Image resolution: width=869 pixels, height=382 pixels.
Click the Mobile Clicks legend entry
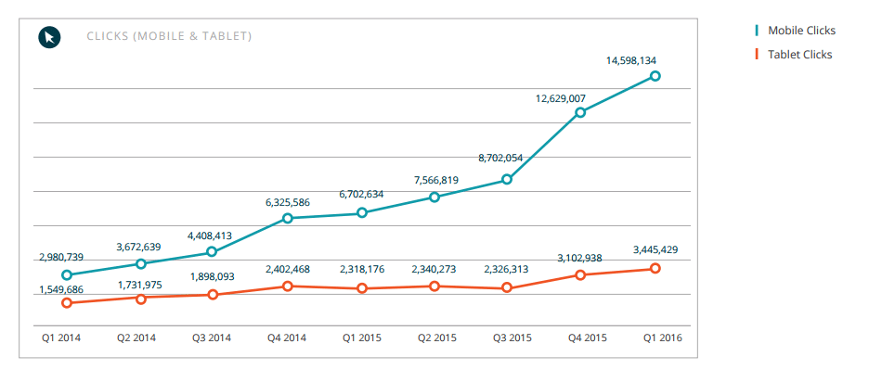[796, 31]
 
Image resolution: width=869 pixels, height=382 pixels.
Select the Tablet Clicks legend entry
[794, 55]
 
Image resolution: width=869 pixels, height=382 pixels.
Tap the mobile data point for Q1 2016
[655, 76]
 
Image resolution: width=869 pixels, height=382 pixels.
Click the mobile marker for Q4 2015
[580, 112]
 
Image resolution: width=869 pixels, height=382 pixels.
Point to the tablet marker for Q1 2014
[67, 303]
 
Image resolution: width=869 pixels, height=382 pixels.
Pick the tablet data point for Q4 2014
[288, 286]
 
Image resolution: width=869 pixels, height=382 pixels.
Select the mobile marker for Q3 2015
[507, 179]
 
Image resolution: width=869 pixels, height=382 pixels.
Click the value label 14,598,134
[631, 61]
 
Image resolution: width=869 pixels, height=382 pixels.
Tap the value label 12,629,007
[561, 98]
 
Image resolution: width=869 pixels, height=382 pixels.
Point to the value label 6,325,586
[288, 203]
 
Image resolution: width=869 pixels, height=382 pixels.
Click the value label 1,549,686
[61, 289]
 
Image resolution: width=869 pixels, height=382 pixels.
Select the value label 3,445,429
[655, 249]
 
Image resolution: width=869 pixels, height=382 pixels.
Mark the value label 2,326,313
[506, 270]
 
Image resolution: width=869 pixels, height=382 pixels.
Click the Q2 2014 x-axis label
[136, 337]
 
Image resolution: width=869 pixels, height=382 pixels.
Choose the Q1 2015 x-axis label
[362, 337]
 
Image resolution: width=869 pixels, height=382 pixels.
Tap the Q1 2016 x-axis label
[663, 337]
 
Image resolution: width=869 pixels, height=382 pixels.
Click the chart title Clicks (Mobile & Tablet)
[169, 36]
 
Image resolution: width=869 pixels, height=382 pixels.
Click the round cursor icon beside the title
[49, 37]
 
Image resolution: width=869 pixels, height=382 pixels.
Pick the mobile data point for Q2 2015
[434, 197]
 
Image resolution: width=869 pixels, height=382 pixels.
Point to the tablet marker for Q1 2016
[655, 269]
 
